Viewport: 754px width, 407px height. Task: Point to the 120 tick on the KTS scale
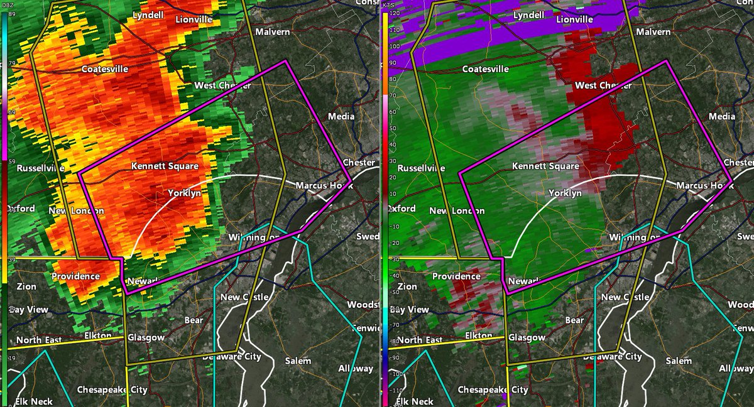[x=395, y=13]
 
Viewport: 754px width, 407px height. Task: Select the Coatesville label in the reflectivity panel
[x=104, y=69]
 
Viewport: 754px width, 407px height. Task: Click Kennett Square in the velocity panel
[x=545, y=166]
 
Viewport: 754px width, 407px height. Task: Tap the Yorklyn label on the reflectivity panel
[x=184, y=193]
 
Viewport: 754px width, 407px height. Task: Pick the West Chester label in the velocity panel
[x=603, y=85]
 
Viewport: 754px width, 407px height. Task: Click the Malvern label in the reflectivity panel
[x=273, y=31]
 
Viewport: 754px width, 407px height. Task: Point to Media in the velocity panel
[x=721, y=116]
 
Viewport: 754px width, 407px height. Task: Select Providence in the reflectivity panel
[x=75, y=276]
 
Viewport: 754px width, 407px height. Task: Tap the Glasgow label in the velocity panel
[x=527, y=338]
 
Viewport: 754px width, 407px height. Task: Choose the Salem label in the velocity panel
[x=678, y=361]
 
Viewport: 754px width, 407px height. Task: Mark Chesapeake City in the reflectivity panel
[x=112, y=389]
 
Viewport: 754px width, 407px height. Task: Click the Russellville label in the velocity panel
[x=420, y=168]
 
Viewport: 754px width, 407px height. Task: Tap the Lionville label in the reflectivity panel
[x=194, y=19]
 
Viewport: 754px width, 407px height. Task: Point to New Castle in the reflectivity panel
[x=244, y=297]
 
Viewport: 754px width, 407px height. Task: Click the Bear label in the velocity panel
[x=574, y=320]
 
